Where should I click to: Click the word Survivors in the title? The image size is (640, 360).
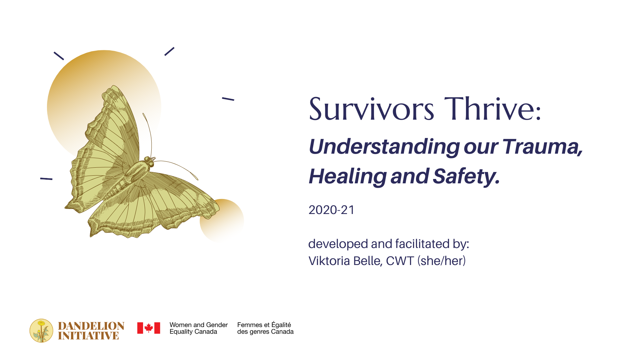pyautogui.click(x=371, y=109)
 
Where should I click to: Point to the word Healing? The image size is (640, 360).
pyautogui.click(x=347, y=176)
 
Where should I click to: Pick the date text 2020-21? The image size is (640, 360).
pyautogui.click(x=331, y=210)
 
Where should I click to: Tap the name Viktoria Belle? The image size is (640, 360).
pyautogui.click(x=344, y=261)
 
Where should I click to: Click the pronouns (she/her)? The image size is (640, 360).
pyautogui.click(x=441, y=261)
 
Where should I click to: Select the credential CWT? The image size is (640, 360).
pyautogui.click(x=400, y=261)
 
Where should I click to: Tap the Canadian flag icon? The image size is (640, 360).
pyautogui.click(x=149, y=328)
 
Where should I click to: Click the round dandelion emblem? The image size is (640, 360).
pyautogui.click(x=41, y=331)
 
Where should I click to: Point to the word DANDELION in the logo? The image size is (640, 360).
pyautogui.click(x=91, y=326)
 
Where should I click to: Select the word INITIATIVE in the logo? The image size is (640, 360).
pyautogui.click(x=88, y=336)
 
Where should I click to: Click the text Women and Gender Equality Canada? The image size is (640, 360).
pyautogui.click(x=198, y=328)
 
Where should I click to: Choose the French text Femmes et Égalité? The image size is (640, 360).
pyautogui.click(x=264, y=325)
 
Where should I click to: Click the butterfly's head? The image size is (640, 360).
pyautogui.click(x=149, y=162)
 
